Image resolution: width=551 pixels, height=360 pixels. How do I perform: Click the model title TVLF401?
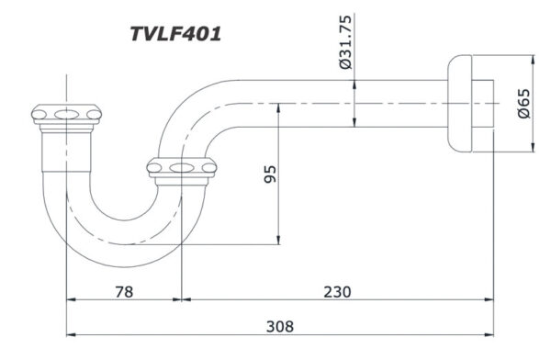coord(174,33)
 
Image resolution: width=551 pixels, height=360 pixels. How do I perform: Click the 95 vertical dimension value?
coord(270,174)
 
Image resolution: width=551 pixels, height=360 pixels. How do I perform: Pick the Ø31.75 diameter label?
coord(345,45)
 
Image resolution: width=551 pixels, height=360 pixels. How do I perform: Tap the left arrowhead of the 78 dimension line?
coord(71,301)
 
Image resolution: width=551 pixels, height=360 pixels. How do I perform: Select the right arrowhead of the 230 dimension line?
coord(493,301)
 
